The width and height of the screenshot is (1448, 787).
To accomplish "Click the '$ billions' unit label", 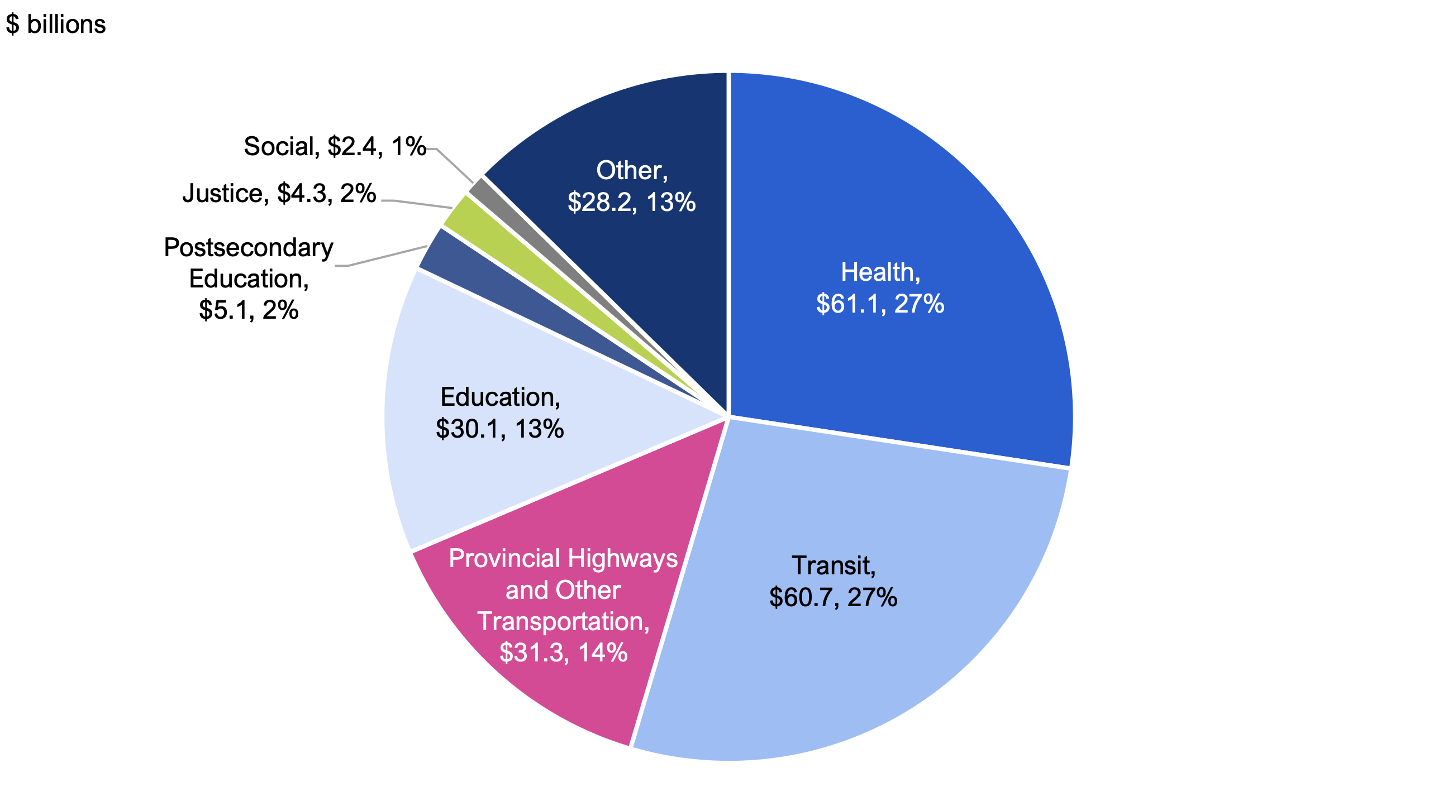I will click(x=56, y=25).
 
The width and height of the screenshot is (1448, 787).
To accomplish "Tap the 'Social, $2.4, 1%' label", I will click(x=335, y=147).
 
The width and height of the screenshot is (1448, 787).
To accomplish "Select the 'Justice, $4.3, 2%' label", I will click(x=279, y=194).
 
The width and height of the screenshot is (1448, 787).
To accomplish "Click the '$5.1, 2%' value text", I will click(x=249, y=310).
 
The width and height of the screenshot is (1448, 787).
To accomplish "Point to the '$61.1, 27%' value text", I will click(x=880, y=304).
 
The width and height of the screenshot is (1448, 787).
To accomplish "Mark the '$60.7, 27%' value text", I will click(x=833, y=597).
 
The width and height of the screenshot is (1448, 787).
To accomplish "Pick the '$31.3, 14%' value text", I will click(x=563, y=652).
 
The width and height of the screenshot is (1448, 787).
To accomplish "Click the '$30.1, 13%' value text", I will click(x=500, y=429).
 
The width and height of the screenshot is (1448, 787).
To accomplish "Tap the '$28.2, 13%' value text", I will click(x=632, y=202).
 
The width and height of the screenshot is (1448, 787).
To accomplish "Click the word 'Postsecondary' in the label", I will click(x=249, y=248).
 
